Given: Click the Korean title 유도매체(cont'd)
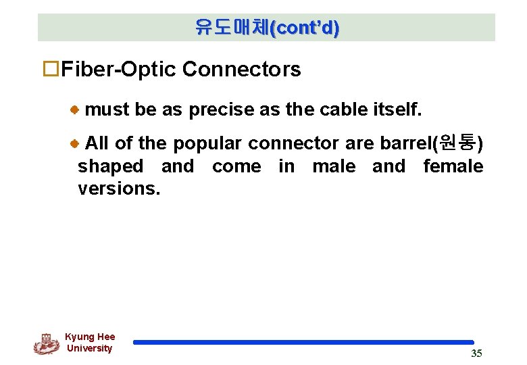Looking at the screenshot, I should [267, 28].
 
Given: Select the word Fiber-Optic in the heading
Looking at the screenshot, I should [119, 69].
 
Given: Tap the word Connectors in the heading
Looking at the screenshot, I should [241, 69].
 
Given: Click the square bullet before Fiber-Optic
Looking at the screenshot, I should [53, 69].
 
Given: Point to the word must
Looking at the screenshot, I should [107, 109].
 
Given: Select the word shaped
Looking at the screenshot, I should [111, 167].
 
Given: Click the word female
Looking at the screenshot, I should [453, 166].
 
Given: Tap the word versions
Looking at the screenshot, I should [119, 189].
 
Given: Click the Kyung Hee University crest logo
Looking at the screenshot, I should [46, 343].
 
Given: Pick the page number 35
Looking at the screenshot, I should [476, 353].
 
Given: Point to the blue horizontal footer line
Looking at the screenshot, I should [303, 343].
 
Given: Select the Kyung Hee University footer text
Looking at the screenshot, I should [90, 343].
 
